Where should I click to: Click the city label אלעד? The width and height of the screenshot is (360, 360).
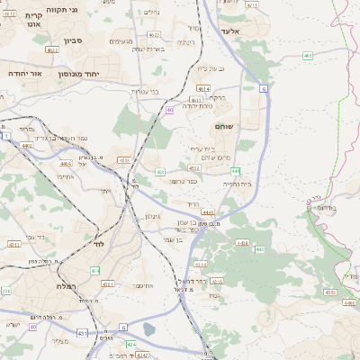click(228, 30)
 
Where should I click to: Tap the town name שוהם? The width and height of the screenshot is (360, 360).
click(224, 127)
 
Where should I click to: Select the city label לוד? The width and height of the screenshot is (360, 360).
click(98, 244)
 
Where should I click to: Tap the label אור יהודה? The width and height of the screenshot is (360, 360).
click(26, 72)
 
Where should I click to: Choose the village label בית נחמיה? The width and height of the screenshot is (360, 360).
click(237, 184)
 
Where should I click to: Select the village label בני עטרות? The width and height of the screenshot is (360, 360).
click(143, 92)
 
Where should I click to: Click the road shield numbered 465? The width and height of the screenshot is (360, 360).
click(308, 56)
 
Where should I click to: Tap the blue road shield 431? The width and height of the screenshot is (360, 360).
click(82, 333)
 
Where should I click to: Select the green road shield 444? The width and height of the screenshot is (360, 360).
click(235, 170)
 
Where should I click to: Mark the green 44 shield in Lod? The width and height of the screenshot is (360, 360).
click(94, 270)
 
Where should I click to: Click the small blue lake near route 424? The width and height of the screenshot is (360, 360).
click(149, 329)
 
